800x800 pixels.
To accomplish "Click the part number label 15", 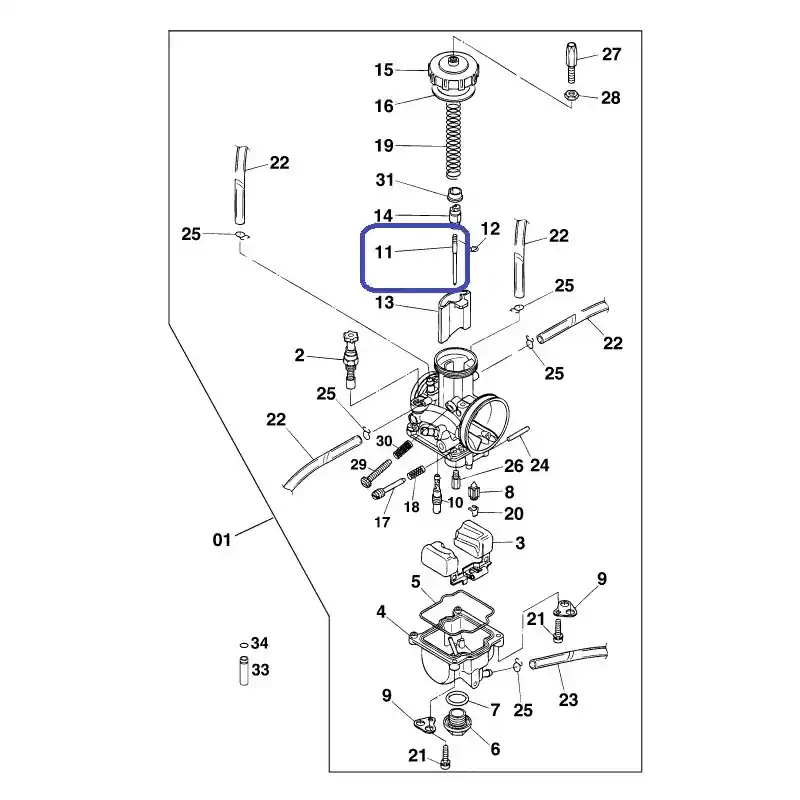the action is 384,70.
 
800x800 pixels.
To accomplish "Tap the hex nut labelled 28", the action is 571,94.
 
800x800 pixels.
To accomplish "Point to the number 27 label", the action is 611,54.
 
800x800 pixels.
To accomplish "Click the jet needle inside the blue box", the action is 454,258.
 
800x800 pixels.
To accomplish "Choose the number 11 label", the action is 384,252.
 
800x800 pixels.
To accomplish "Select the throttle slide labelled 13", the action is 454,316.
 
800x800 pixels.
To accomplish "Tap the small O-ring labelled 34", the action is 244,645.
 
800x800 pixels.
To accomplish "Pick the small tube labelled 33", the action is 244,671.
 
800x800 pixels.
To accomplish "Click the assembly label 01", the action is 221,539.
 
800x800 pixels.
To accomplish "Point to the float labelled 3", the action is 458,552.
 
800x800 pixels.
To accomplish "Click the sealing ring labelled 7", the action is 457,698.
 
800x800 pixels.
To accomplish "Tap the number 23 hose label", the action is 568,699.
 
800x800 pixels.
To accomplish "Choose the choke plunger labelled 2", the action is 351,359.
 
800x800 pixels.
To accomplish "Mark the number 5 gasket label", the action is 416,582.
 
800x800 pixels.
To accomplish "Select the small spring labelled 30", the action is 403,449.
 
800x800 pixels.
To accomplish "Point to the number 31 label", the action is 385,180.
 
